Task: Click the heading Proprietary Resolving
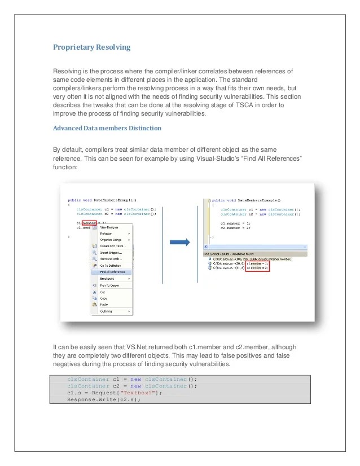[92, 47]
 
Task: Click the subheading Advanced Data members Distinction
[107, 128]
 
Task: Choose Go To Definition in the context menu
[111, 265]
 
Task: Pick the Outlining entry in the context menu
[107, 311]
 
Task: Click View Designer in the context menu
[109, 227]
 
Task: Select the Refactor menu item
[106, 234]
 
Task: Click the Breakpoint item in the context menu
[107, 279]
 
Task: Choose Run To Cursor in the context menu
[109, 285]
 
